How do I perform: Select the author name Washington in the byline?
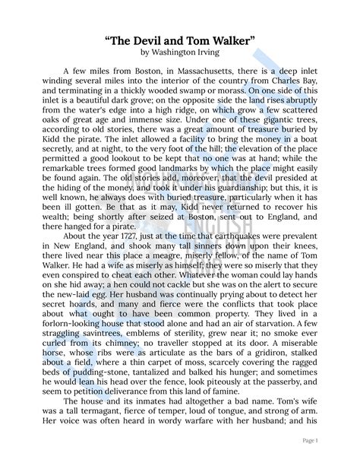click(181, 52)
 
